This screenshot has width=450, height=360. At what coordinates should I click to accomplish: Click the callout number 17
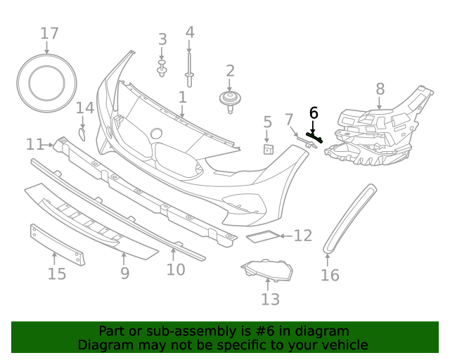[49, 33]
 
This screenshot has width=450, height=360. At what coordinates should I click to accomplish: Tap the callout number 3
[162, 39]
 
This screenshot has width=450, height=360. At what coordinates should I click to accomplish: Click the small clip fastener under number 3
[162, 68]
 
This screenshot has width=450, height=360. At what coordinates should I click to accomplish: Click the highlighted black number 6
[314, 112]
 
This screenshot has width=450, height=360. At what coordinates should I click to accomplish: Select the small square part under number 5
[268, 148]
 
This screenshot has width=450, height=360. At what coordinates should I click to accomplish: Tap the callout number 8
[380, 89]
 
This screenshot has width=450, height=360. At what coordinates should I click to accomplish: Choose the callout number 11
[35, 144]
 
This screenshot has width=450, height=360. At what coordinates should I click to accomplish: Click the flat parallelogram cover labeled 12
[261, 236]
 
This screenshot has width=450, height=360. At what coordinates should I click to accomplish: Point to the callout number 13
[270, 300]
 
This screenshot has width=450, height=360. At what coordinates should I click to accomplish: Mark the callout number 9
[124, 272]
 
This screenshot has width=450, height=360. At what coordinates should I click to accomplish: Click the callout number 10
[176, 269]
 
